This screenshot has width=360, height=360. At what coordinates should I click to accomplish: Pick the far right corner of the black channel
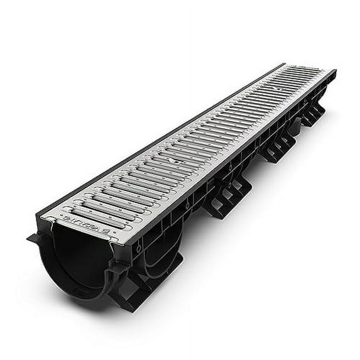point(336,72)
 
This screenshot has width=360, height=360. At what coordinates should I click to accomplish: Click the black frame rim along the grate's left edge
point(157,135)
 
